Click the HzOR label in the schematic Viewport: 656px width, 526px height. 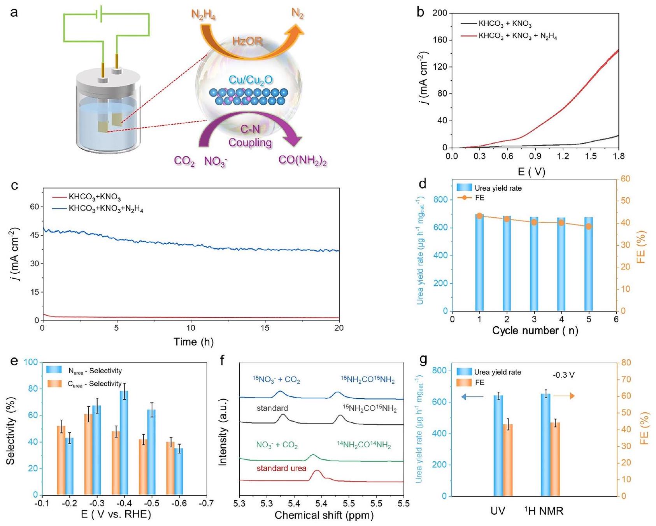pyautogui.click(x=247, y=41)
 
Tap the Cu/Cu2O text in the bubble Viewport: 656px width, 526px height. pyautogui.click(x=251, y=80)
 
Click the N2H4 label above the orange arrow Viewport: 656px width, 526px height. pyautogui.click(x=203, y=15)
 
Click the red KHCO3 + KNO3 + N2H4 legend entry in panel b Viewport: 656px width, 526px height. pyautogui.click(x=517, y=36)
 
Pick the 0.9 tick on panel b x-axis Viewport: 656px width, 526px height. pyautogui.click(x=535, y=157)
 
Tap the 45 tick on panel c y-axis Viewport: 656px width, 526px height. pyautogui.click(x=34, y=235)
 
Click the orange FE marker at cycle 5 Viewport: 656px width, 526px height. pyautogui.click(x=589, y=227)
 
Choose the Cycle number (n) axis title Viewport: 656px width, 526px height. pyautogui.click(x=535, y=331)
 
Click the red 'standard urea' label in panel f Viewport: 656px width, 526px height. pyautogui.click(x=281, y=468)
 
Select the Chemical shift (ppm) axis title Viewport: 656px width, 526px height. pyautogui.click(x=324, y=515)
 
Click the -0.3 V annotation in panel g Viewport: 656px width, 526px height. pyautogui.click(x=563, y=375)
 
